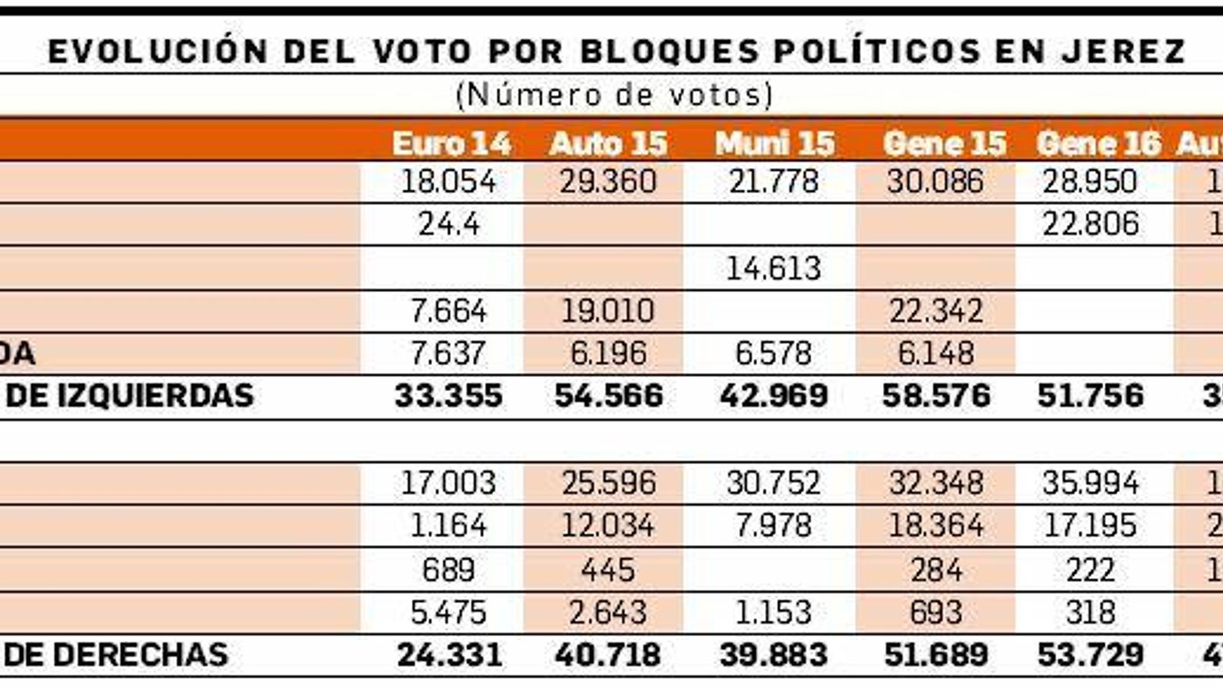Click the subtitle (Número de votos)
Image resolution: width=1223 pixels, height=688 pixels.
click(x=614, y=95)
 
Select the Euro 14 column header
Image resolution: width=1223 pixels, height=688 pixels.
click(x=451, y=144)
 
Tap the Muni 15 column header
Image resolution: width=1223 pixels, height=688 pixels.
click(x=774, y=144)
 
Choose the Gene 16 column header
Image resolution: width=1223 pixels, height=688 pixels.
click(x=1098, y=144)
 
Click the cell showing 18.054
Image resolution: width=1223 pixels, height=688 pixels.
click(x=449, y=182)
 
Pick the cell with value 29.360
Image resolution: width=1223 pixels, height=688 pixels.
click(x=608, y=182)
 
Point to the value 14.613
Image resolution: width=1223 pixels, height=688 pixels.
click(x=774, y=268)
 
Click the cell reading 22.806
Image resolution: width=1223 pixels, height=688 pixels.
click(x=1090, y=224)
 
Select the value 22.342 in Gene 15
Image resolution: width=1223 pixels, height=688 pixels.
click(x=936, y=311)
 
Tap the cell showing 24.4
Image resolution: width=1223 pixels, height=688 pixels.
click(x=449, y=224)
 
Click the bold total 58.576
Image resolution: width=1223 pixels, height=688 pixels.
click(x=936, y=396)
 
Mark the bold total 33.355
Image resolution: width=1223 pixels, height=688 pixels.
click(x=449, y=396)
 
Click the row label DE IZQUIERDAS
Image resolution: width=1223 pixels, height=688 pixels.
click(x=130, y=396)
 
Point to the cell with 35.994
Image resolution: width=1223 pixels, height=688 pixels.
click(x=1090, y=483)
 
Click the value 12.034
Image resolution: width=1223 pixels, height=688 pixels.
click(x=608, y=526)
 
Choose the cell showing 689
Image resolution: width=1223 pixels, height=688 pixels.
click(x=449, y=570)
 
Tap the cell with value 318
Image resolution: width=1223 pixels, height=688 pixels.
click(x=1090, y=612)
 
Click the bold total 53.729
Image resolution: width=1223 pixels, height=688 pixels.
click(x=1090, y=655)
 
